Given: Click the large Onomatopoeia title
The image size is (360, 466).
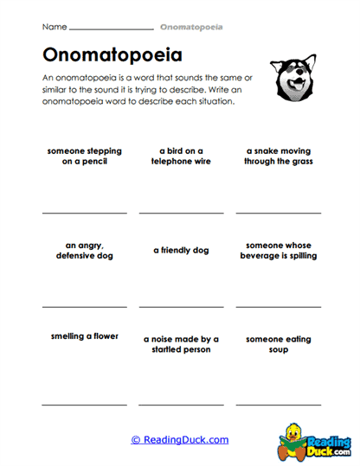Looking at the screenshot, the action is point(112,55).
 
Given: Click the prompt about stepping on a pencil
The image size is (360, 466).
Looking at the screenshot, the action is point(85,156).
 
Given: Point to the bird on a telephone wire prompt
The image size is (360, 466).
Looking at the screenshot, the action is point(181,156).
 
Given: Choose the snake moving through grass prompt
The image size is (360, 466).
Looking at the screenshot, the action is point(278,156).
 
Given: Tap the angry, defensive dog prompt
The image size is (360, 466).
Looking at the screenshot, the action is point(84,250).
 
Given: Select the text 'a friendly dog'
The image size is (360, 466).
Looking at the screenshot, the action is point(181,250).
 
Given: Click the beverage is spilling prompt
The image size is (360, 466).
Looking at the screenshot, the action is point(278,250).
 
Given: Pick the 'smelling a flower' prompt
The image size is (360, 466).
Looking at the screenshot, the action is point(84,335).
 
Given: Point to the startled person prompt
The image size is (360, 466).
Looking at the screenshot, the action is point(181,344).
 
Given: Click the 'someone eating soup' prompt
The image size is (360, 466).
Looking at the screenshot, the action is point(278,344).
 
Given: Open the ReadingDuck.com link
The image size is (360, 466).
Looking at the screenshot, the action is point(180,440).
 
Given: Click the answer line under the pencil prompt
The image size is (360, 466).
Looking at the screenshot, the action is point(84,212).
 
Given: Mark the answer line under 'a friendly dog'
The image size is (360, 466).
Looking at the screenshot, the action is point(181,306).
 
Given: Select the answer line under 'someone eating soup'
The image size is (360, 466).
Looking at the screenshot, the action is point(278,404).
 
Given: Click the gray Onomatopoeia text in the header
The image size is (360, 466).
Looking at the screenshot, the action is point(190,28).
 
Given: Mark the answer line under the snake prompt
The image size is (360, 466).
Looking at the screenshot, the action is point(278,212).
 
